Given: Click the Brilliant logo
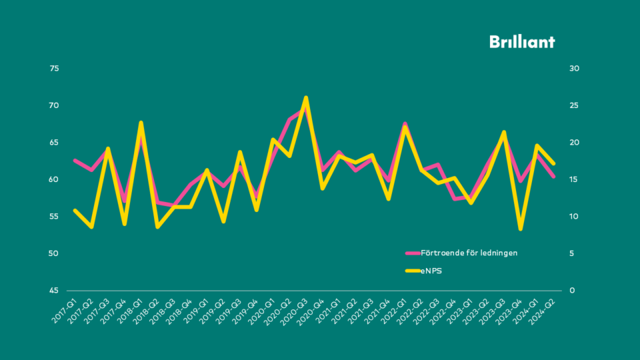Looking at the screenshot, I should (x=522, y=41).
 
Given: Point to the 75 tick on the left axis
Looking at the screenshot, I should (x=55, y=69).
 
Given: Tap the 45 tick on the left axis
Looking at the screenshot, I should (x=55, y=291).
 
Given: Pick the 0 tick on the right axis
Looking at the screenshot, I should (x=572, y=291).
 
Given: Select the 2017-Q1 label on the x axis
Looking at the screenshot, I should (x=65, y=311).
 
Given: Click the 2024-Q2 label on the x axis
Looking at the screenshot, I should (x=545, y=311).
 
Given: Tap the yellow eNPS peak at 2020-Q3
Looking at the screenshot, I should (x=305, y=98).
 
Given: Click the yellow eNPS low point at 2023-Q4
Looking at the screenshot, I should (x=520, y=229).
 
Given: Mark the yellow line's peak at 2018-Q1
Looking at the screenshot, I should (x=141, y=123).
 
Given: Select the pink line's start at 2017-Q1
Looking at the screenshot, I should (x=75, y=160).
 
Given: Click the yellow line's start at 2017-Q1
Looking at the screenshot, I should (x=75, y=210).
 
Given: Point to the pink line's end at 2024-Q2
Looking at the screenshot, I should (x=553, y=176).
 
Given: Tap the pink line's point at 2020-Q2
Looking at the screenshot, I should (x=289, y=120).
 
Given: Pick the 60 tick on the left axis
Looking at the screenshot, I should (x=55, y=180).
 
